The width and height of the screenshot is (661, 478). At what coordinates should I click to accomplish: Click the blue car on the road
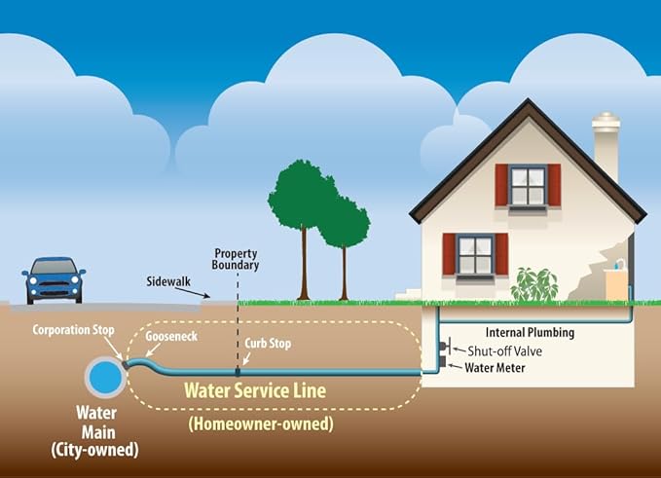point(54,280)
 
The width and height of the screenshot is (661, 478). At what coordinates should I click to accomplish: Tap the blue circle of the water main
point(105,378)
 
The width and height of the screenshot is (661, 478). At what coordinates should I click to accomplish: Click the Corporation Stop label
point(73,330)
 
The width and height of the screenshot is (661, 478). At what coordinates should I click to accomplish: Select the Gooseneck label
point(171,336)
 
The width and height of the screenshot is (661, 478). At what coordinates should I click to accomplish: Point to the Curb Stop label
point(268,344)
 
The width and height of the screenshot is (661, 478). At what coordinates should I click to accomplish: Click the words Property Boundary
point(236,259)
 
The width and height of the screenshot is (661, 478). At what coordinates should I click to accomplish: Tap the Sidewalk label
point(168,281)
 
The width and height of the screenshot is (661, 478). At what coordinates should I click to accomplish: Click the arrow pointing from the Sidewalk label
point(193,292)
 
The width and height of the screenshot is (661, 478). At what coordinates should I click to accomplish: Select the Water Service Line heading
point(255,390)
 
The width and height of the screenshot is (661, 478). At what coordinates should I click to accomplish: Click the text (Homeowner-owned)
point(261,423)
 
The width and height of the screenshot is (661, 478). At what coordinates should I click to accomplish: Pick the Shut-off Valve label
point(504,351)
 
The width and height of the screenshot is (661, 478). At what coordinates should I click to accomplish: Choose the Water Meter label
point(495,368)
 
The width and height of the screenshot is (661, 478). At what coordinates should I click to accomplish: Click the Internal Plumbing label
point(530,332)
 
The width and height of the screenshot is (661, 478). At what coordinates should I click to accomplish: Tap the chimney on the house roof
point(606,145)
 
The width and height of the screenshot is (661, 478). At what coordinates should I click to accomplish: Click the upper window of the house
point(528,186)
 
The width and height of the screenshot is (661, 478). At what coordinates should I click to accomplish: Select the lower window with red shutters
point(475,255)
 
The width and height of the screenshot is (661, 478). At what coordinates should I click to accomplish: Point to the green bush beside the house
point(534,284)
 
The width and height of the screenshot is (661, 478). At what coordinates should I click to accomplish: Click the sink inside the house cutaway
point(615,279)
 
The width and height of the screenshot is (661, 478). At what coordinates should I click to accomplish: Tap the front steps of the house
point(409,294)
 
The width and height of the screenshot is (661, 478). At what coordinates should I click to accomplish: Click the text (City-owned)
point(94,450)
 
